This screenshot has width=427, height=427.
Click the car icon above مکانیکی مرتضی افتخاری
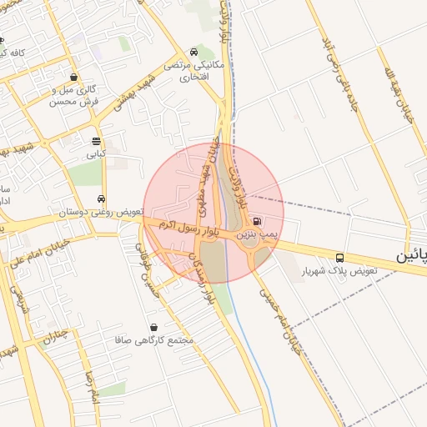point(193,52)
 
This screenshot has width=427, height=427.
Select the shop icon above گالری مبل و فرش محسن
point(74,77)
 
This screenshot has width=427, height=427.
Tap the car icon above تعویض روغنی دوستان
point(101,199)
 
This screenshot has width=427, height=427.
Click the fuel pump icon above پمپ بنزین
point(256,223)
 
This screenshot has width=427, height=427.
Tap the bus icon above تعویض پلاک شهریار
point(339,257)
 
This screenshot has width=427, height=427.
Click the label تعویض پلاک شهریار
point(342,272)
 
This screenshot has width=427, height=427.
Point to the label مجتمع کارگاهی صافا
point(157,341)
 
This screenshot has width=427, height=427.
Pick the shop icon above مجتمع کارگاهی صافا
point(153,327)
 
